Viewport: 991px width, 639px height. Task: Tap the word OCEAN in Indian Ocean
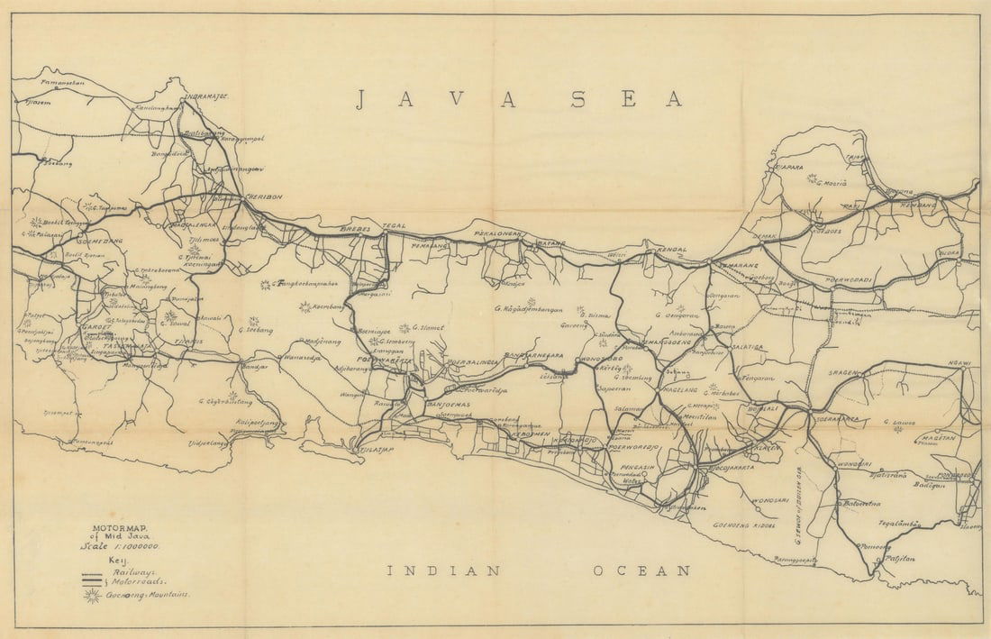641,571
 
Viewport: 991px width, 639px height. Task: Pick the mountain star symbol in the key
92,595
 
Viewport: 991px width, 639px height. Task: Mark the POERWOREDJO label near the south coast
634,447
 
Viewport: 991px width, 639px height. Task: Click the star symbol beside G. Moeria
814,179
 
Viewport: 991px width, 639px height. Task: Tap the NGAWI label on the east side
959,364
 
